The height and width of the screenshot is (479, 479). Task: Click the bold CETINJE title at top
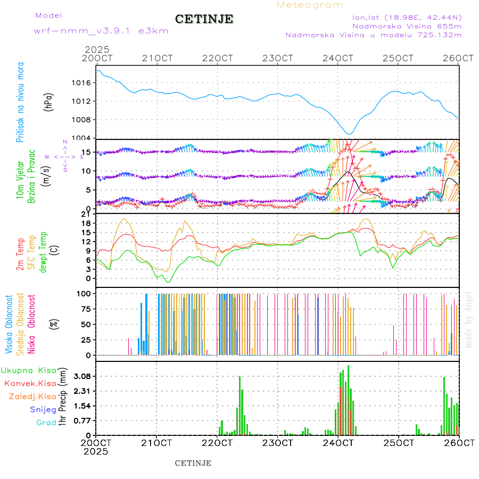[x=204, y=19]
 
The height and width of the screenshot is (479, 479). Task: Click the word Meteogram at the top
[x=310, y=5]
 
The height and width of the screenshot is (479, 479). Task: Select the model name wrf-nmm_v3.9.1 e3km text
[x=101, y=31]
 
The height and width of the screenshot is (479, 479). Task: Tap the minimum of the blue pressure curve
[x=349, y=134]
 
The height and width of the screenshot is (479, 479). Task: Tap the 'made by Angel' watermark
[x=468, y=319]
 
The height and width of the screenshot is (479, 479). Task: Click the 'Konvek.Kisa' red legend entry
[x=30, y=383]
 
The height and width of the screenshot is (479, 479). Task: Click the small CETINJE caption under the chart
[x=193, y=463]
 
